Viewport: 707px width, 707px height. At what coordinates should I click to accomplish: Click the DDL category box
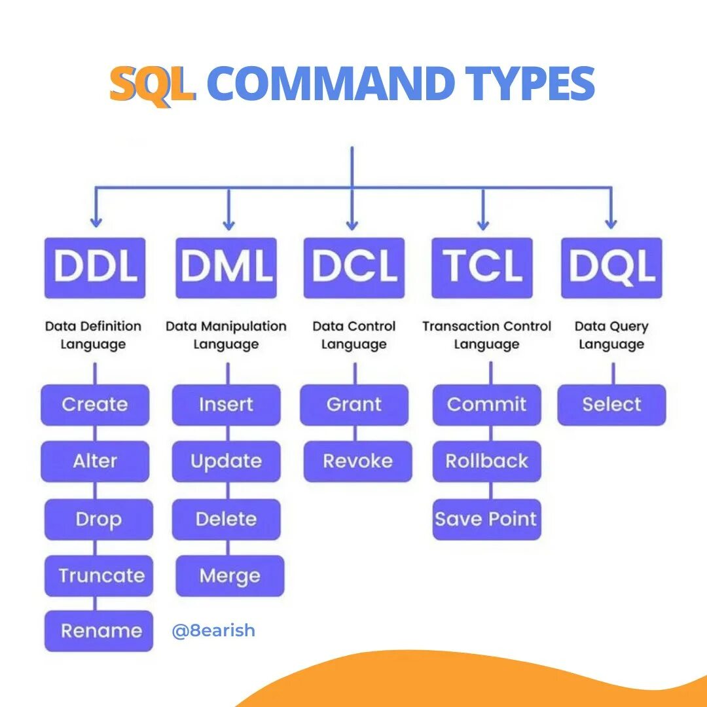click(x=95, y=267)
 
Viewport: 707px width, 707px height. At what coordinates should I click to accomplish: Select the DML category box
click(x=226, y=267)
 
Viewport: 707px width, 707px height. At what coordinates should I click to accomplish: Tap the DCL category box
click(x=354, y=267)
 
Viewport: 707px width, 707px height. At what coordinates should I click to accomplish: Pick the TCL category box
click(x=482, y=267)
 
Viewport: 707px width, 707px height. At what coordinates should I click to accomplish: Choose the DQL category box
click(x=611, y=267)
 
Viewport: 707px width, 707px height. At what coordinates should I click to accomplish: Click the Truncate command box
click(x=99, y=576)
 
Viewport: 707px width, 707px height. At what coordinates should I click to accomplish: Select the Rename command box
click(x=99, y=631)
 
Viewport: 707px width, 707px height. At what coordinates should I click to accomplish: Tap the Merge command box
click(x=230, y=576)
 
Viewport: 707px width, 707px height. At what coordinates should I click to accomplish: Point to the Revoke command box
click(x=358, y=462)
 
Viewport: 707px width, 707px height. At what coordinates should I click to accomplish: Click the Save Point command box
click(x=486, y=519)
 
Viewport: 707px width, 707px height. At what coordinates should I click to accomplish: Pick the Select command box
click(x=611, y=405)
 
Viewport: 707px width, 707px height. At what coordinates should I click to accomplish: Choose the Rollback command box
click(x=486, y=462)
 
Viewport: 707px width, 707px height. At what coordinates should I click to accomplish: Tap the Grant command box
click(x=354, y=405)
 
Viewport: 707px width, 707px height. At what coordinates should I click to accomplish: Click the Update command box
click(x=226, y=462)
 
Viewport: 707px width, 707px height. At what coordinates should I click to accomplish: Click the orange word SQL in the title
click(x=152, y=84)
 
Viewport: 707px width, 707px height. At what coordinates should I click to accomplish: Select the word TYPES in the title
click(x=530, y=84)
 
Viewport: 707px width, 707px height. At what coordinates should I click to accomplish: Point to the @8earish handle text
click(x=213, y=631)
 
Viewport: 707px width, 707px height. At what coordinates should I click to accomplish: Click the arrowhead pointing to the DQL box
click(x=611, y=223)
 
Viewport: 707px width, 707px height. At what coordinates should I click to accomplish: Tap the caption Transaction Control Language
click(x=486, y=335)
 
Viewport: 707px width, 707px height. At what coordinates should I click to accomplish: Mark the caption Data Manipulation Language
click(x=226, y=335)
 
